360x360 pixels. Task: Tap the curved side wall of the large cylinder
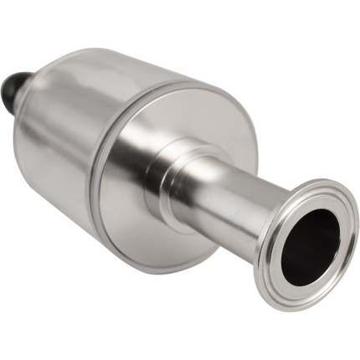point(67,142)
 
